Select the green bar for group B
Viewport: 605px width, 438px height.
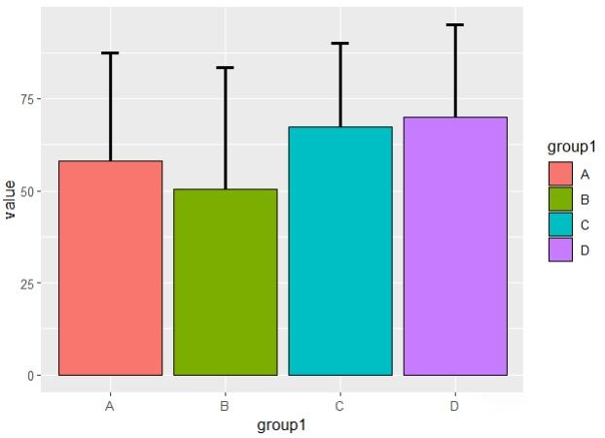coord(225,282)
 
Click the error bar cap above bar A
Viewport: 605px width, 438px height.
coord(110,52)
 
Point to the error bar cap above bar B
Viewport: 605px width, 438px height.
coord(225,68)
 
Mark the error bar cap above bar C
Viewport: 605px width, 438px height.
coord(340,44)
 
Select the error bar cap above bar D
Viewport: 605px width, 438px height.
coord(455,24)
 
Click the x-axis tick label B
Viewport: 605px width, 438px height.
coord(225,406)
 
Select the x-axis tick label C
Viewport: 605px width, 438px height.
coord(340,406)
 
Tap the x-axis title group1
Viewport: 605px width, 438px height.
coord(282,425)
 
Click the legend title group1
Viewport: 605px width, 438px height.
coord(571,147)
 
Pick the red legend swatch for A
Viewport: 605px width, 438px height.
coord(560,174)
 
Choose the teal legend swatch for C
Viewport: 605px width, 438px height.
coord(560,225)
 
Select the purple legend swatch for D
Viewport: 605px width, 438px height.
coord(560,251)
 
